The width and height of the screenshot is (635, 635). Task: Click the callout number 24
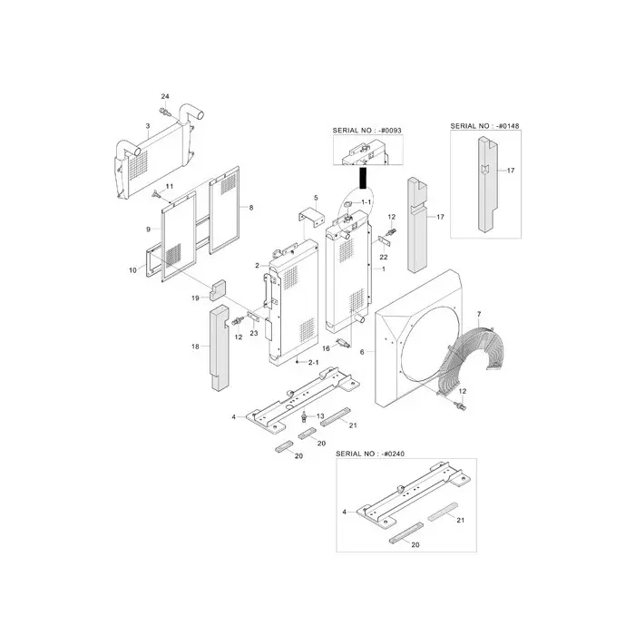(165, 96)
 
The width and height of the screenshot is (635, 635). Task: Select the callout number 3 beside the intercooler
(148, 126)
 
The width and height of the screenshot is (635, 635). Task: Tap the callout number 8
(251, 208)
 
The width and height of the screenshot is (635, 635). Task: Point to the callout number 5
(316, 198)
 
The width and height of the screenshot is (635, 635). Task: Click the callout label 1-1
(367, 200)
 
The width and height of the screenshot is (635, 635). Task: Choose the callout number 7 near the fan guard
(478, 314)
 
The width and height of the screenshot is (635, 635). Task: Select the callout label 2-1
(313, 362)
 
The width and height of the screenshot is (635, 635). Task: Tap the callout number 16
(326, 347)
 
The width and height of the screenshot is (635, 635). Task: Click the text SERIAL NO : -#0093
(367, 131)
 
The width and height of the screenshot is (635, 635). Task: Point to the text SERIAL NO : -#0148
(485, 124)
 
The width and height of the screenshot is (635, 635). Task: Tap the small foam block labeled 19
(219, 289)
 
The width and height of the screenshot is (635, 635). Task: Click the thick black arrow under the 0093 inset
(363, 176)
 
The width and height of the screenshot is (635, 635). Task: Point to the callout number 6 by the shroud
(362, 351)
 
